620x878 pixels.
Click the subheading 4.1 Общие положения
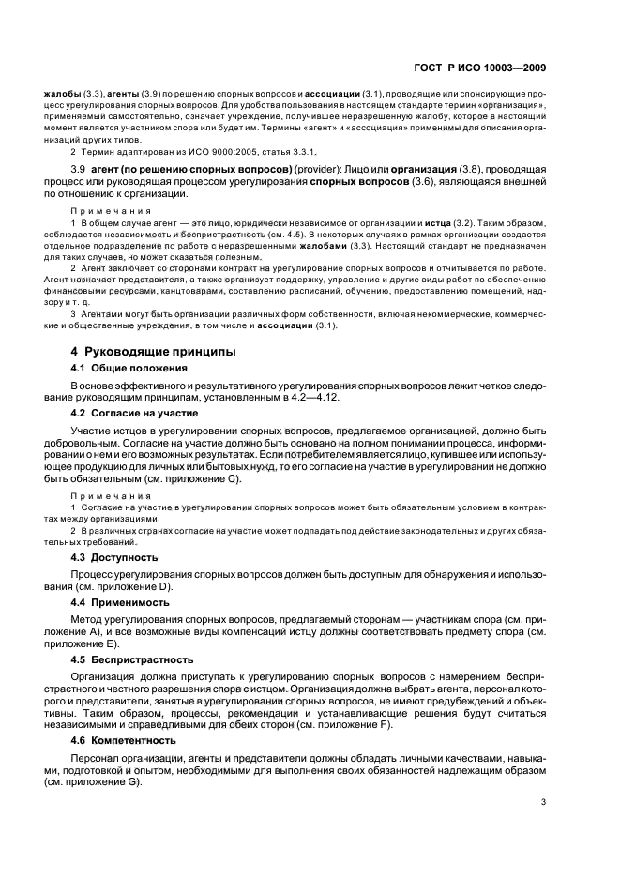[124, 369]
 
